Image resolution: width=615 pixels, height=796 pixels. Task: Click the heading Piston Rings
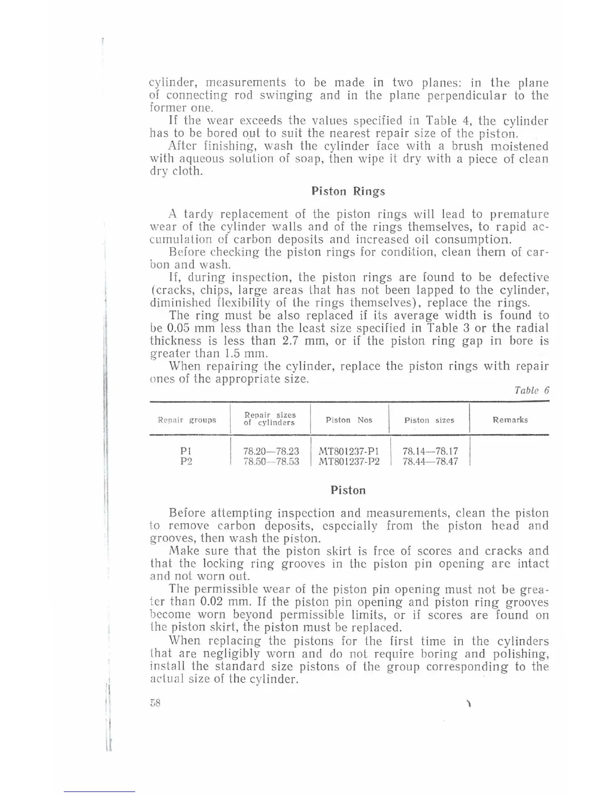coord(348,191)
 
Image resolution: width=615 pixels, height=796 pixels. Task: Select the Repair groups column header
coord(187,420)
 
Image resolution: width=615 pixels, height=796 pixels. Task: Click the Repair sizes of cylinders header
coord(270,419)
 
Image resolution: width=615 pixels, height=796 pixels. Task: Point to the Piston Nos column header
coord(349,420)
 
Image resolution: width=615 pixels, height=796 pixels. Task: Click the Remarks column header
coord(510,420)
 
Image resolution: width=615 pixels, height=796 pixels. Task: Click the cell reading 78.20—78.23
coord(271,451)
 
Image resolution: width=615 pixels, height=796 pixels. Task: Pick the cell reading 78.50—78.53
coord(271,461)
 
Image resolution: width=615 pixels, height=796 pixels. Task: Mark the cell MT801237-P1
coord(349,451)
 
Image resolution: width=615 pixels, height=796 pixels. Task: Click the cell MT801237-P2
coord(349,461)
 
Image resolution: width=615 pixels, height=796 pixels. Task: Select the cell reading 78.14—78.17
coord(430,451)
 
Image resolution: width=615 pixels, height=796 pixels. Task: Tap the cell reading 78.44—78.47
coord(430,461)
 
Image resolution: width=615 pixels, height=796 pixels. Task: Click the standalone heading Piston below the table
coord(348,490)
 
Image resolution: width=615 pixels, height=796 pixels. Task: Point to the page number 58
coord(154,704)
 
